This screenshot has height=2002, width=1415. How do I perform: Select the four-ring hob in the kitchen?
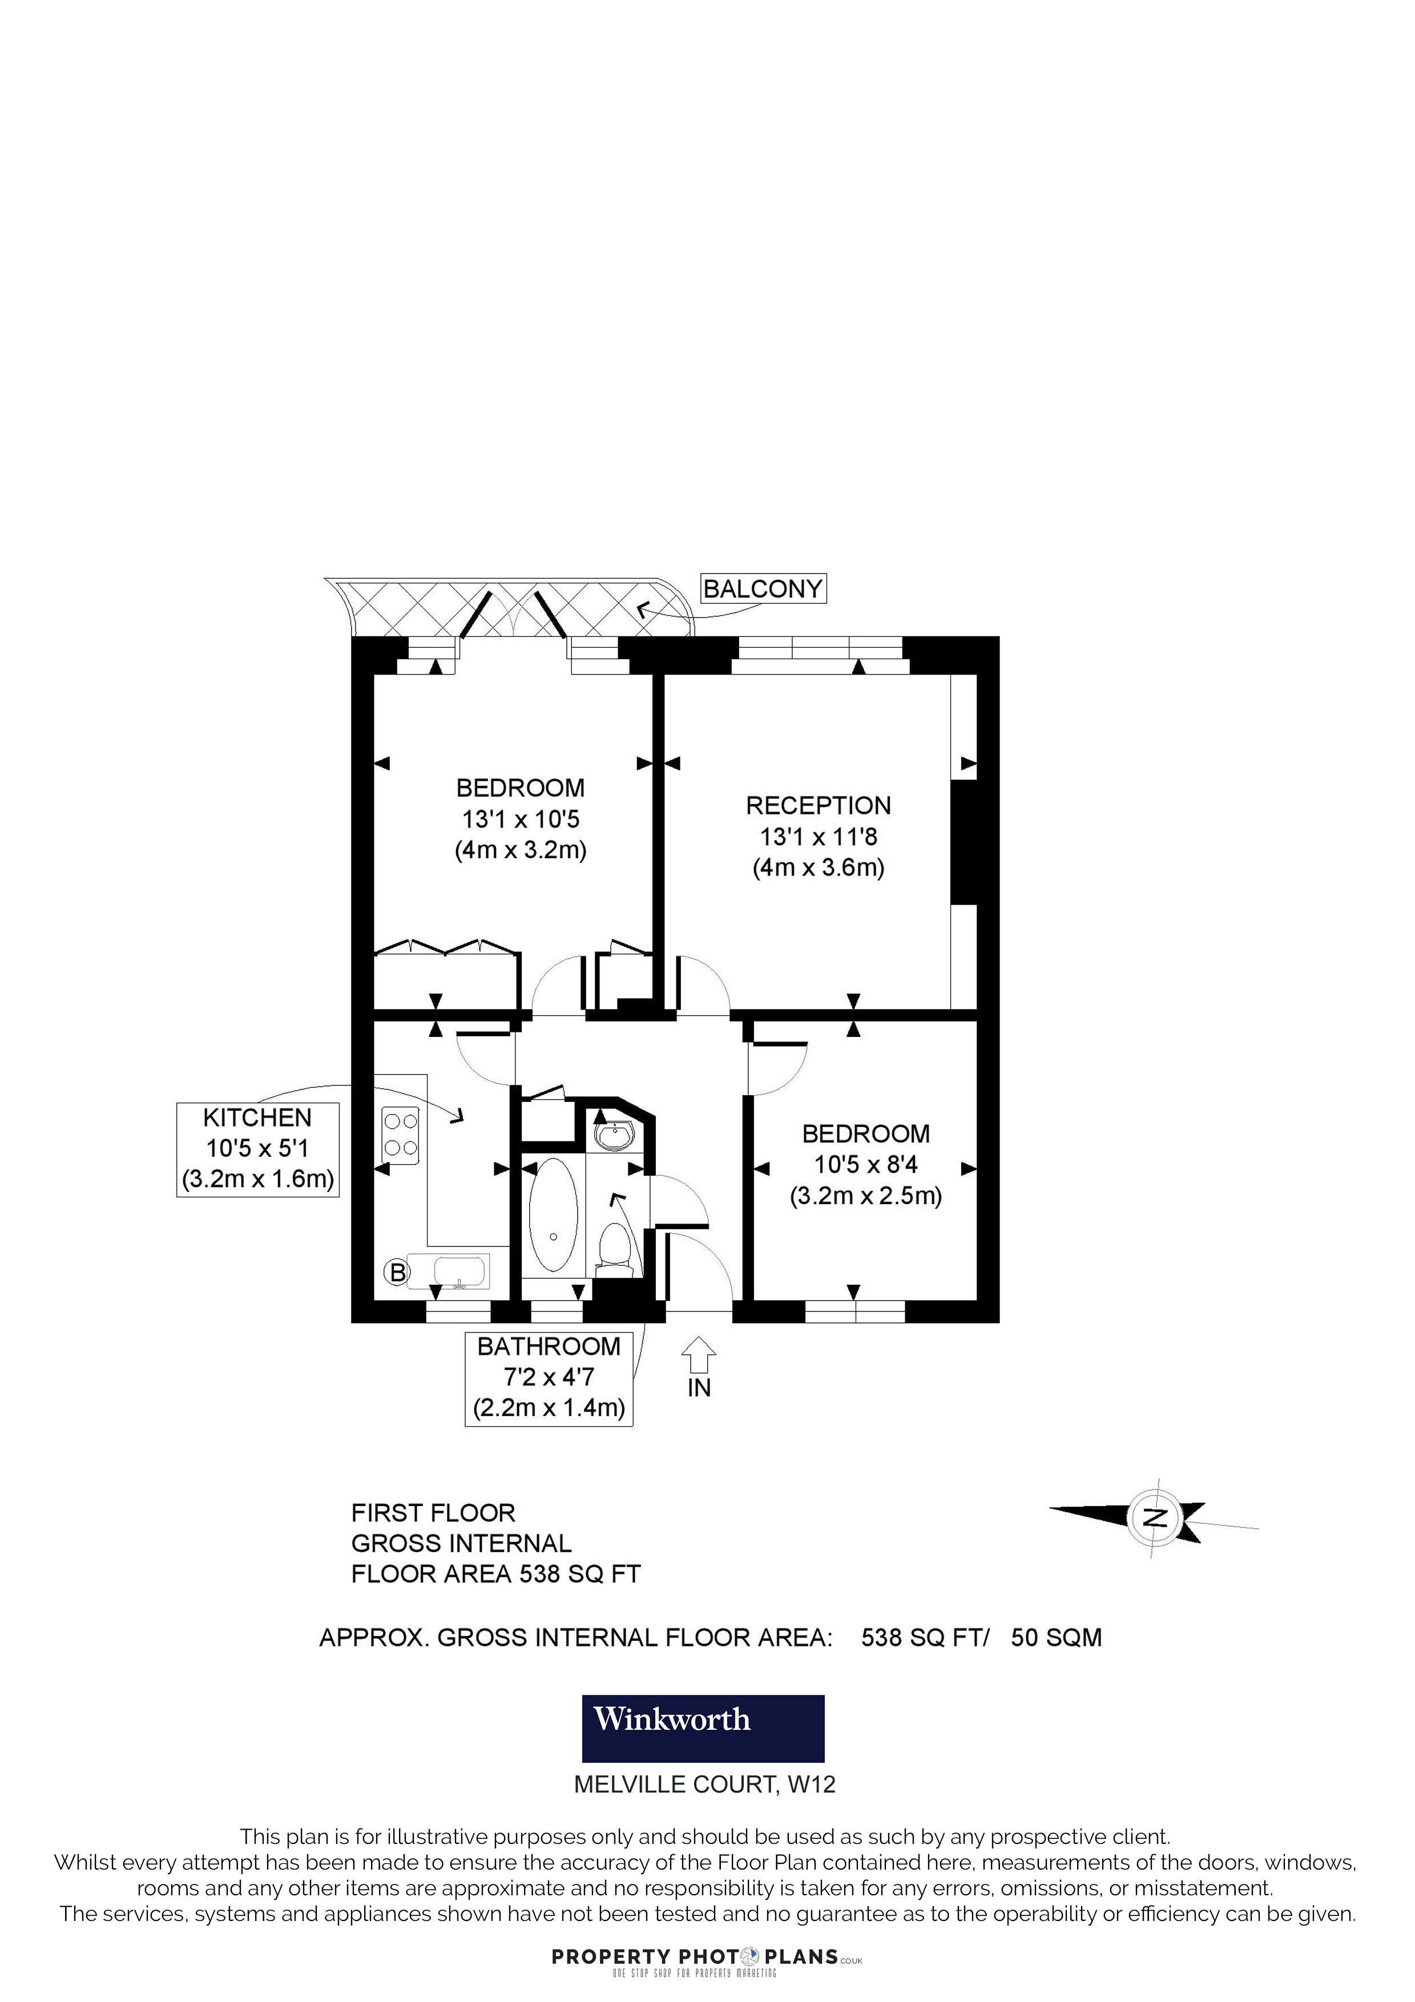[x=400, y=1135]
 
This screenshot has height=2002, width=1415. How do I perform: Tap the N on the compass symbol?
[x=1155, y=1517]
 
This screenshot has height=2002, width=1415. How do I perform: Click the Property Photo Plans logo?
[x=706, y=1957]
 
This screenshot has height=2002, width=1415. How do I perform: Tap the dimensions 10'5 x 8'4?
[x=866, y=1164]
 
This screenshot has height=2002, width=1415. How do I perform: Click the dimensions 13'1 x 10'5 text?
[x=521, y=819]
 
